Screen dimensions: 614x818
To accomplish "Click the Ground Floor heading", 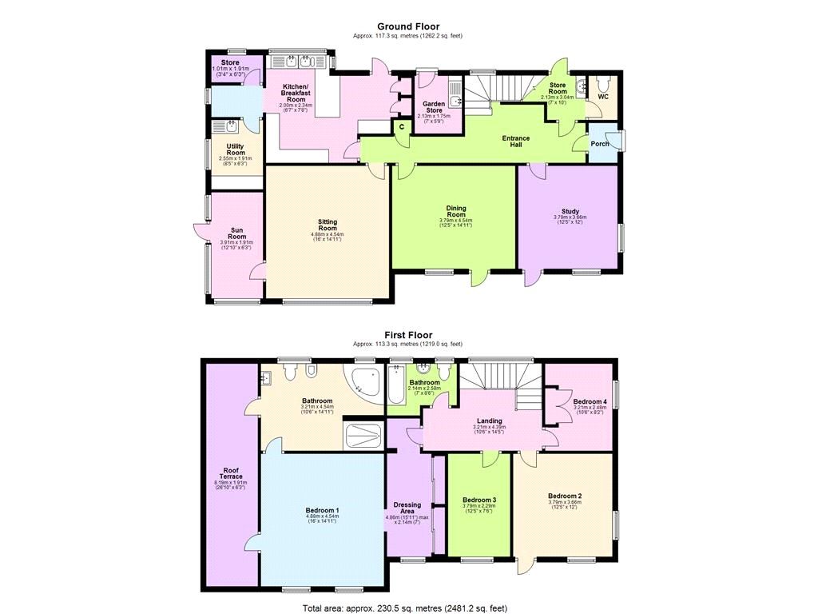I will click(x=408, y=26).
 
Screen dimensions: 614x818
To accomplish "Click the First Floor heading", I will click(x=408, y=335).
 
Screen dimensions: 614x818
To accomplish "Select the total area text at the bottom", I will click(x=404, y=608).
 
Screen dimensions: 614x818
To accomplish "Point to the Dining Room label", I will click(x=455, y=212).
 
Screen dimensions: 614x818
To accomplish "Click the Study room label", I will click(x=570, y=212).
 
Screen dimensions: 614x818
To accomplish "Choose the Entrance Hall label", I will click(x=515, y=142).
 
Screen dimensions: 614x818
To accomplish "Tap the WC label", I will click(x=603, y=97).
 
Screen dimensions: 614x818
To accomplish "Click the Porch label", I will click(x=600, y=145).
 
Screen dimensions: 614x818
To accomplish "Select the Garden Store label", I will click(x=433, y=106).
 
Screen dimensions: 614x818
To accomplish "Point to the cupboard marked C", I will click(x=401, y=126).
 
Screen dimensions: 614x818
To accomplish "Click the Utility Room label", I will click(x=235, y=150).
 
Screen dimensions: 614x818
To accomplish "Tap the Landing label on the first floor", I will click(x=489, y=421).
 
